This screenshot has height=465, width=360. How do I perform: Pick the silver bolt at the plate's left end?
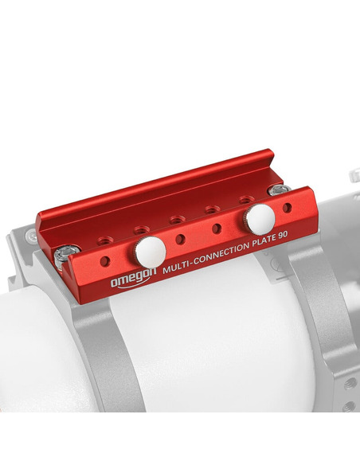click(67, 254)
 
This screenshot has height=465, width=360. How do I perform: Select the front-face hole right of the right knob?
click(288, 207)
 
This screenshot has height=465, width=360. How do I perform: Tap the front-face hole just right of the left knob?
click(181, 238)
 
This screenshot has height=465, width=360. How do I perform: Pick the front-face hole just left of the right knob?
click(216, 229)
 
